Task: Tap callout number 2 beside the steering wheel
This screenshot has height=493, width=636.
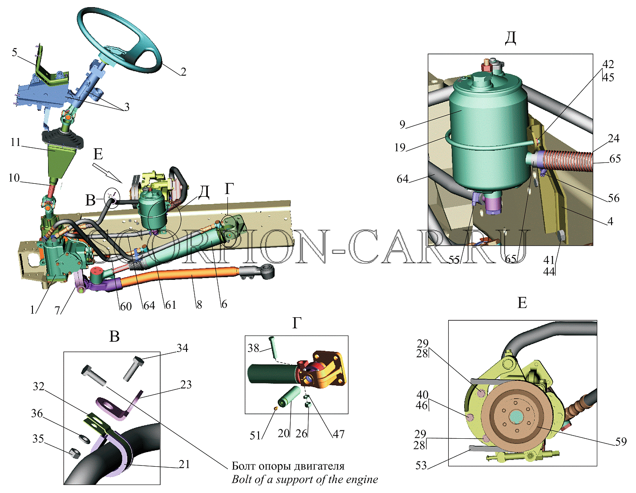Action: pos(183,72)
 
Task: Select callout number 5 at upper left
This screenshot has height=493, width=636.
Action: pos(15,53)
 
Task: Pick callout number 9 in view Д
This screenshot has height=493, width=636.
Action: pos(402,124)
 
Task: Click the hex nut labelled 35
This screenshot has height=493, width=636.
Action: pos(74,453)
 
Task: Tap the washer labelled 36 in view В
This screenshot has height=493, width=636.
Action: pos(84,439)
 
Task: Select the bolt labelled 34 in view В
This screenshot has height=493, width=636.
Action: pos(132,368)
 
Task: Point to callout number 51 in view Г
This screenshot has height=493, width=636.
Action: pos(255,436)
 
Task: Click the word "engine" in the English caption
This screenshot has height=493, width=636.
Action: pos(362,479)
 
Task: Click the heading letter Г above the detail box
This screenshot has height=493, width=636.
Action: pos(297,323)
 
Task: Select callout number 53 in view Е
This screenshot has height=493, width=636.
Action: pos(421,465)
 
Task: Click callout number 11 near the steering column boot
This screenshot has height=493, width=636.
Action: pos(16,142)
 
